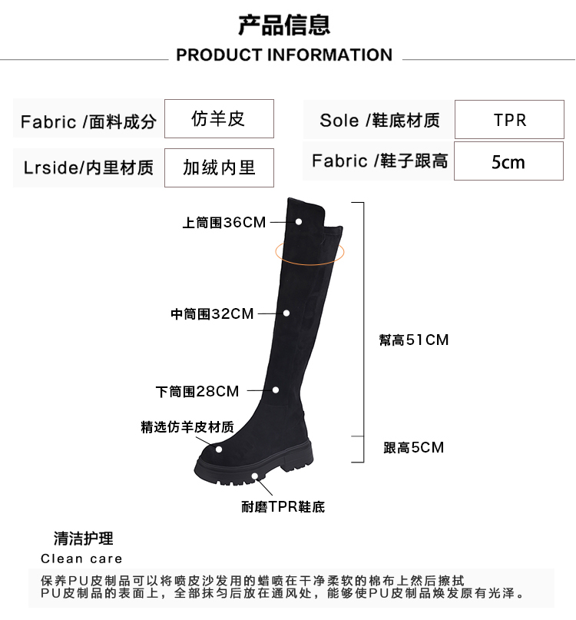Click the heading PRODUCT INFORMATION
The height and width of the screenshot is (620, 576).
click(x=284, y=55)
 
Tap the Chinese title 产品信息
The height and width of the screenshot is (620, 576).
click(x=284, y=25)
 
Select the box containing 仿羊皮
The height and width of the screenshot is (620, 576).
click(x=218, y=119)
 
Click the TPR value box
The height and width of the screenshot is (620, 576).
click(x=509, y=121)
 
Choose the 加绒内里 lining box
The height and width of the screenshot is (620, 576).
click(x=218, y=167)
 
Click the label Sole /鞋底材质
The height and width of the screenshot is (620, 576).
click(x=379, y=121)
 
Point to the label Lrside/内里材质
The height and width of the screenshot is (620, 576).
click(x=88, y=167)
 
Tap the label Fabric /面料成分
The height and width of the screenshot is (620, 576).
click(x=88, y=121)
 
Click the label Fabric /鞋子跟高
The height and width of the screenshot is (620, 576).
click(x=379, y=161)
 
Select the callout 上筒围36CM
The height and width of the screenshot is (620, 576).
click(x=223, y=223)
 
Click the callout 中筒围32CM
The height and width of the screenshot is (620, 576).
click(x=212, y=314)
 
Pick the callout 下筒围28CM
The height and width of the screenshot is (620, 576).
click(x=197, y=392)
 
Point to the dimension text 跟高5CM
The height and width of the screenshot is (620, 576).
click(x=413, y=447)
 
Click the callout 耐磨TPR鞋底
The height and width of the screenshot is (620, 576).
click(x=283, y=507)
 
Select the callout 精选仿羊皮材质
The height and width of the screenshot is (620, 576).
click(x=187, y=427)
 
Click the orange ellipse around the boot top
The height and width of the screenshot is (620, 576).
click(x=310, y=251)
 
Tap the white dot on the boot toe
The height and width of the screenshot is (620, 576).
click(x=220, y=450)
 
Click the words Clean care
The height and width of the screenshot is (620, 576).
click(x=81, y=559)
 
